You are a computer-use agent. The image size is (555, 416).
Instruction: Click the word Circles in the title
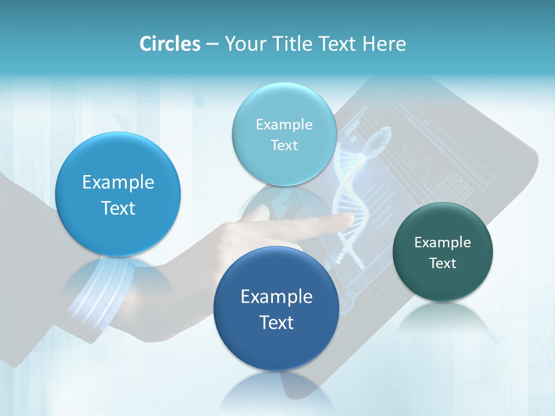coord(169,44)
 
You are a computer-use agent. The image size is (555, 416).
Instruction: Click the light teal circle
coord(284,134)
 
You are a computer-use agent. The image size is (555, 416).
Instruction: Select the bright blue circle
coord(118,194)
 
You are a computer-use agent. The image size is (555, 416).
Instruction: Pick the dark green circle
coord(443,252)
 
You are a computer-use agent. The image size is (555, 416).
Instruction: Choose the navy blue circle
coord(276,309)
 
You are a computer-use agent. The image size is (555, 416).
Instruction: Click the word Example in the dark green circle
coord(443,243)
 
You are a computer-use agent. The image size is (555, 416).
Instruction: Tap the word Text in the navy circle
coord(276,322)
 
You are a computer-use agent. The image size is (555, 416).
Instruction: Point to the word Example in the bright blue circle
coord(118,183)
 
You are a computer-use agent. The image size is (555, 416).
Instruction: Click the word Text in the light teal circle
coord(284,146)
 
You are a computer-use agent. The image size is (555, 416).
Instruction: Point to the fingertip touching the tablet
coord(349,218)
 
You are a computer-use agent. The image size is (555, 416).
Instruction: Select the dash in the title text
coord(212,44)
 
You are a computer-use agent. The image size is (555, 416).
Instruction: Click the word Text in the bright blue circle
coord(118,208)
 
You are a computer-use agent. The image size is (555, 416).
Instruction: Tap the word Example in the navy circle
coord(276,297)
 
